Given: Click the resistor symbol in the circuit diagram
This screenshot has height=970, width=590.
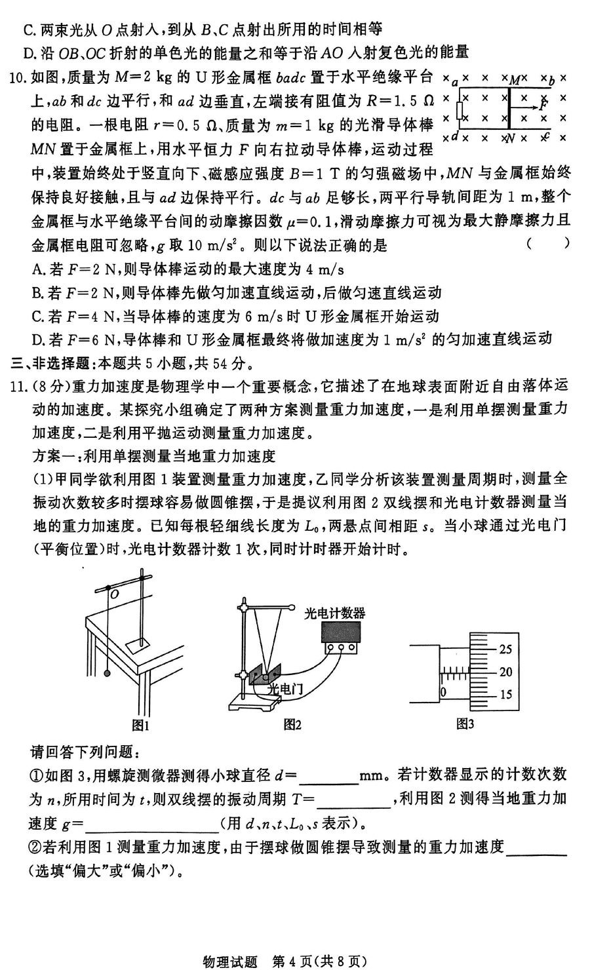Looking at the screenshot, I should pyautogui.click(x=460, y=109).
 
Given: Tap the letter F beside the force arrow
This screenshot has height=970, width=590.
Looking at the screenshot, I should pyautogui.click(x=543, y=105).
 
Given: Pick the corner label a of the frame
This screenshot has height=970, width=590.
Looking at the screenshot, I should pyautogui.click(x=455, y=80).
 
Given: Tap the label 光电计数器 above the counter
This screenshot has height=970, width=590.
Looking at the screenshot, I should pyautogui.click(x=335, y=613).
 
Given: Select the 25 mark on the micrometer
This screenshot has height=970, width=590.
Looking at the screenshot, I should pyautogui.click(x=505, y=650).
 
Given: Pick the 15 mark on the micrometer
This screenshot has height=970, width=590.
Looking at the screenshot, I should pyautogui.click(x=505, y=695).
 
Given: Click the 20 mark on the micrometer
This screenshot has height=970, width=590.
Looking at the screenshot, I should pyautogui.click(x=505, y=672).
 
